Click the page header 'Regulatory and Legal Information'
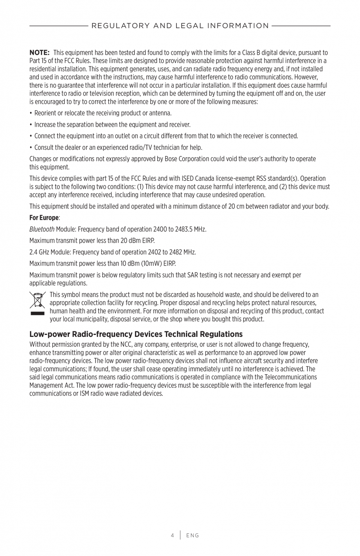point(180,26)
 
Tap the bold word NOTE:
point(39,52)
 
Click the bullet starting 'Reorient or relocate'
point(103,113)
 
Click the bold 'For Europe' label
point(44,218)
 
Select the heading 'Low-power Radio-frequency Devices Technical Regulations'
point(136,334)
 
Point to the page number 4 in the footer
point(172,535)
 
